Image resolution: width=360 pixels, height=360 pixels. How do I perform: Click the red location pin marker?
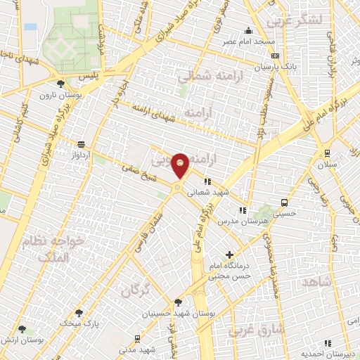180,165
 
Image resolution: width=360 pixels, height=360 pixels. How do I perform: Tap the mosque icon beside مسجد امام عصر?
247,30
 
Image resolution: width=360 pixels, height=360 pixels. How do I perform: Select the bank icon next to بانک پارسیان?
275,56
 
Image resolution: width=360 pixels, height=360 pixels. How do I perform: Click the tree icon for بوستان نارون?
69,83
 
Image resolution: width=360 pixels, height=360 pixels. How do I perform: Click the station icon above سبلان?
328,153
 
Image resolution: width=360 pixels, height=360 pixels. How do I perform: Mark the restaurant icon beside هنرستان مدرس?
243,210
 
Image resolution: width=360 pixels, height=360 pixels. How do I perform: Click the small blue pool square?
30,27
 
